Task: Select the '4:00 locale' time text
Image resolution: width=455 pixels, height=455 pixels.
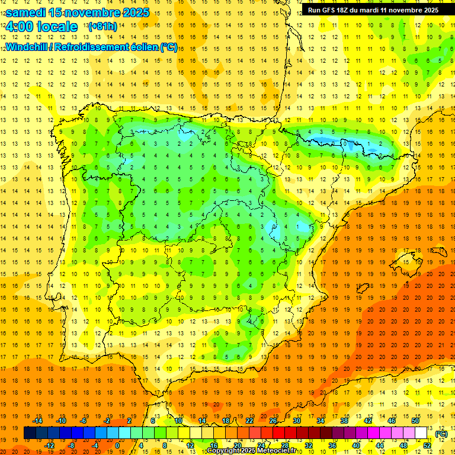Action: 41,27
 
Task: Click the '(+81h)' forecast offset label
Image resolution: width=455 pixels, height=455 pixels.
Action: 102,27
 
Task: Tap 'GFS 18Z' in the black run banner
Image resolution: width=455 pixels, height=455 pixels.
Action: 337,9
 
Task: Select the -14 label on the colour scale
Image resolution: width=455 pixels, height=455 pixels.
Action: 37,421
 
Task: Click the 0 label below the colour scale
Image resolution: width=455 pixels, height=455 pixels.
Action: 117,446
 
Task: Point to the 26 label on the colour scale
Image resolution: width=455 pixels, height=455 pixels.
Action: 273,421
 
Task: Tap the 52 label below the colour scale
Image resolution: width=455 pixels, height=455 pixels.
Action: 427,446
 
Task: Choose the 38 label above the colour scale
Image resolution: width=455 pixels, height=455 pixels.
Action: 344,421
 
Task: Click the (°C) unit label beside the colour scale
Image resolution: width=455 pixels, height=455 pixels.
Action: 441,434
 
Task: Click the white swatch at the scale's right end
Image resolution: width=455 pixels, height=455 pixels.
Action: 421,433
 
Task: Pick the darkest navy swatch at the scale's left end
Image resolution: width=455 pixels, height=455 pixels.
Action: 30,433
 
